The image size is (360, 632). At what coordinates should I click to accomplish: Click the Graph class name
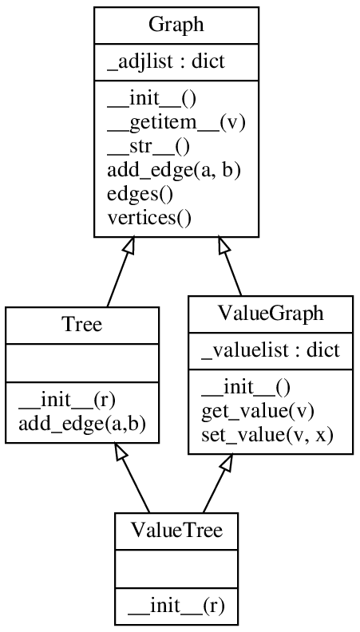pos(176,25)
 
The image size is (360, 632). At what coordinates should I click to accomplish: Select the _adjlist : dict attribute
pos(157,62)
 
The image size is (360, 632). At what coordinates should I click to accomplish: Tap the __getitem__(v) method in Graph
pos(176,122)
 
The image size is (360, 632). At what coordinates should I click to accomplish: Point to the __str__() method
pos(148,146)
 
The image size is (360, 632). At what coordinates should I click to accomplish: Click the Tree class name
pos(81,325)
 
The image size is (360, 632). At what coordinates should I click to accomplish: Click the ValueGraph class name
pos(271,314)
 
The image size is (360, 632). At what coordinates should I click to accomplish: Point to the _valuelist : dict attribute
pos(270,350)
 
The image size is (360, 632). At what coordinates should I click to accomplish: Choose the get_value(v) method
pos(257,411)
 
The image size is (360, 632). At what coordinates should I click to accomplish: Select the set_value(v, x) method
pos(267,435)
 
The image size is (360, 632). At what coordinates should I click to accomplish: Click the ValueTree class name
pos(176,531)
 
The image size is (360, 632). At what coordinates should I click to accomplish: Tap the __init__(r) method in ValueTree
pos(176,606)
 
